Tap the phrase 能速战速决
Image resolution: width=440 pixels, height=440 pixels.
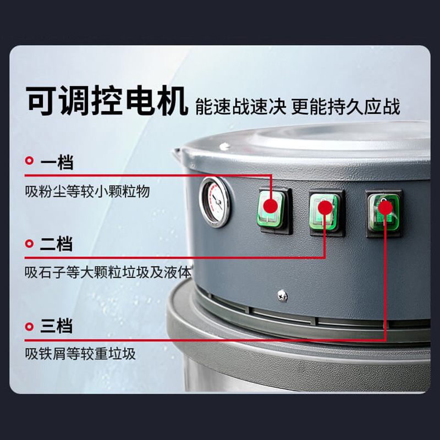[240, 106]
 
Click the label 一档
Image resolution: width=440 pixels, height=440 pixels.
[56, 162]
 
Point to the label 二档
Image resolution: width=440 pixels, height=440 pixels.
[56, 244]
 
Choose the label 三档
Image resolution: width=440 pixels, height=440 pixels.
[56, 327]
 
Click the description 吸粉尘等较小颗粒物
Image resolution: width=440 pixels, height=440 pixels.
[87, 192]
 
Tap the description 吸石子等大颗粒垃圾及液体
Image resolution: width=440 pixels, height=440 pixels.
[108, 273]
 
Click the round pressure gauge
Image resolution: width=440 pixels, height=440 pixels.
[215, 202]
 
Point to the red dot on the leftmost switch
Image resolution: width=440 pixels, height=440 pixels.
[270, 206]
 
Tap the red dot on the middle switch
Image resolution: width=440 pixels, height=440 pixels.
[325, 207]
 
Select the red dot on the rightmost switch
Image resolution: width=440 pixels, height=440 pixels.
[386, 207]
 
